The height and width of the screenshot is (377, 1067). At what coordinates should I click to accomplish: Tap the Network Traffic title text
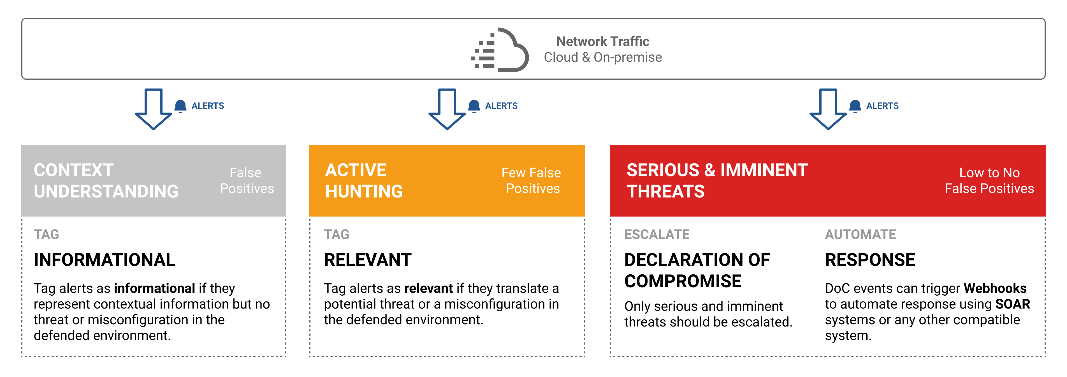point(603,42)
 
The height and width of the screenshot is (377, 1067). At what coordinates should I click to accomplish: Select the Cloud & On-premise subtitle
point(603,57)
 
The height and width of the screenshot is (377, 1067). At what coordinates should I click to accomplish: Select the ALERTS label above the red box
point(882,106)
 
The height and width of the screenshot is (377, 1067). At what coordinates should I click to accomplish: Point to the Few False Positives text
point(532,180)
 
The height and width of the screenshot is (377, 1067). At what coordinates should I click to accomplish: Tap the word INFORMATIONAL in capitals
point(105,260)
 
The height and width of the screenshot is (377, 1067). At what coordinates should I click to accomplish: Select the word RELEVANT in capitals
point(367,260)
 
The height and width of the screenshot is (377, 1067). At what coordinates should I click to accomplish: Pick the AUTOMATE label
point(860,235)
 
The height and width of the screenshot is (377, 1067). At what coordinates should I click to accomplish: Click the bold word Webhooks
point(995,288)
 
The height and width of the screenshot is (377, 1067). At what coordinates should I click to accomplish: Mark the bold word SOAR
point(1012,304)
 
